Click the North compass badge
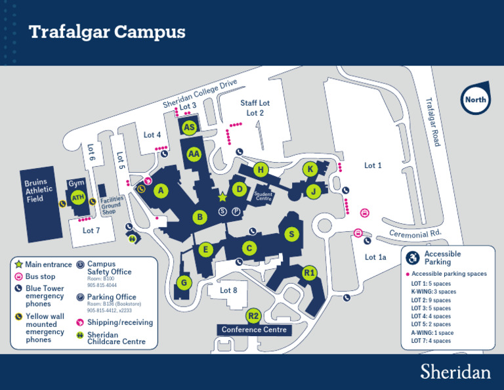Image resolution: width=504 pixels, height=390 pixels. (x=475, y=100)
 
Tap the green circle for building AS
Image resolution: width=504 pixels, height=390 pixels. (x=190, y=127)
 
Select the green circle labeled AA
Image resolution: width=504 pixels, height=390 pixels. (x=194, y=154)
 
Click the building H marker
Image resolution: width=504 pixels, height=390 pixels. (x=261, y=169)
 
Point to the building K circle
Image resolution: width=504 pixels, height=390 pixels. (x=310, y=169)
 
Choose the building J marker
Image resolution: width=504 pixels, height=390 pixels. (x=314, y=191)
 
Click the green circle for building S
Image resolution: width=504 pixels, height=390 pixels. (x=291, y=234)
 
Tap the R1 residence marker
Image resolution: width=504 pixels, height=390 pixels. (x=309, y=272)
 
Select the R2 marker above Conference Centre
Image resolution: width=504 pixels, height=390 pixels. (x=253, y=316)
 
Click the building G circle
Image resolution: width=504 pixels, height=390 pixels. (x=184, y=283)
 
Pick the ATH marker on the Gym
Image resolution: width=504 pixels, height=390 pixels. (x=78, y=197)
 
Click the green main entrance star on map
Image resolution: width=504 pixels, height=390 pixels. (x=222, y=196)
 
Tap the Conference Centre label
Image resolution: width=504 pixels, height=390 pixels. (x=254, y=330)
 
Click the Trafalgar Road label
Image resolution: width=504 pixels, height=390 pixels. (x=432, y=121)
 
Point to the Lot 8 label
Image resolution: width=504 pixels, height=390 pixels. (x=228, y=290)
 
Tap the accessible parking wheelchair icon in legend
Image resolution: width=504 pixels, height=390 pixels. (x=413, y=257)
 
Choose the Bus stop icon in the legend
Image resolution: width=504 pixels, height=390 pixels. (x=18, y=276)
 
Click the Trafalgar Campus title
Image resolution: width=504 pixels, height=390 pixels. (x=107, y=32)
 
